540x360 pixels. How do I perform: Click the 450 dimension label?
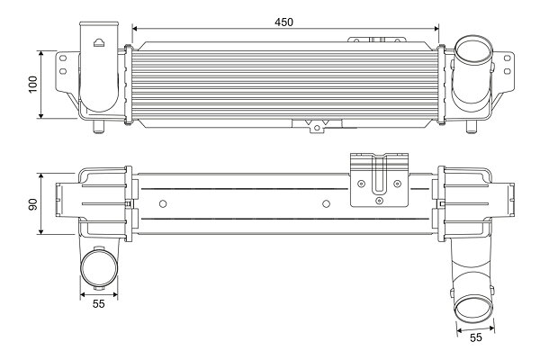point(283,22)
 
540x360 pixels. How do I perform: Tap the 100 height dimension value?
point(33,84)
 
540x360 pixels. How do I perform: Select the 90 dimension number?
point(33,204)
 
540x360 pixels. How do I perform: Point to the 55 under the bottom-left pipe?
point(98,303)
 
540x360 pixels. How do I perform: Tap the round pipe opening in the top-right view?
point(472,51)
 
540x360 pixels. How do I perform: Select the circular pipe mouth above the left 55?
point(99,268)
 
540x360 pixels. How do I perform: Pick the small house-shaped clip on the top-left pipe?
point(99,42)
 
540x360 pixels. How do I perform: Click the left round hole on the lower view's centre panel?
point(163,204)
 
